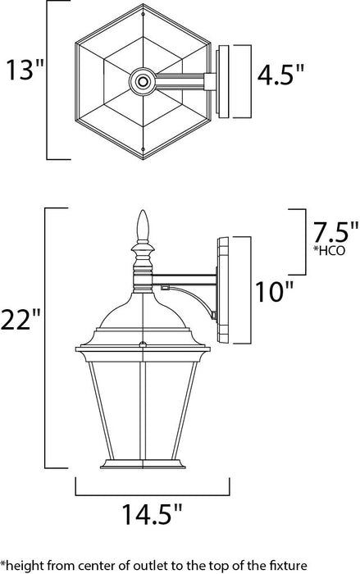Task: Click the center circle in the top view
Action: point(143,80)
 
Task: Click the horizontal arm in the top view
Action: point(180,80)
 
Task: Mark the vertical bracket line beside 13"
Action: point(47,80)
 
